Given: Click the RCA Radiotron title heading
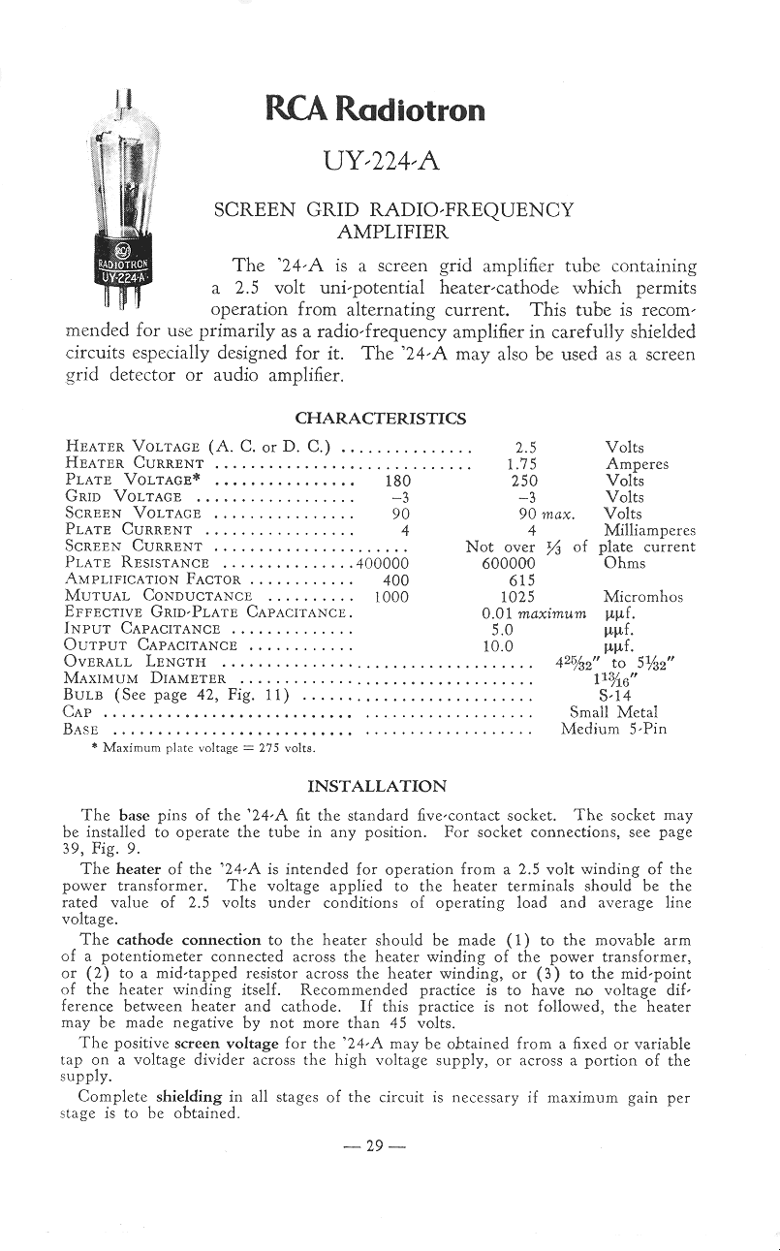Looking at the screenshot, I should pyautogui.click(x=375, y=109).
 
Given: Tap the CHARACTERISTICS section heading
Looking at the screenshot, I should pyautogui.click(x=380, y=419).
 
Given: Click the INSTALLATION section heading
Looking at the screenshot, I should pyautogui.click(x=377, y=786).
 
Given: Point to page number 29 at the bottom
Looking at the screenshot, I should pyautogui.click(x=373, y=1146).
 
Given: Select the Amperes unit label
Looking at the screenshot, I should pyautogui.click(x=637, y=464).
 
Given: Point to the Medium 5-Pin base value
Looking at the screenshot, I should pyautogui.click(x=613, y=729).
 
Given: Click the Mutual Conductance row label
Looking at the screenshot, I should pyautogui.click(x=158, y=597).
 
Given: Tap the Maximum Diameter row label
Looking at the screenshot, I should pyautogui.click(x=145, y=679).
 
